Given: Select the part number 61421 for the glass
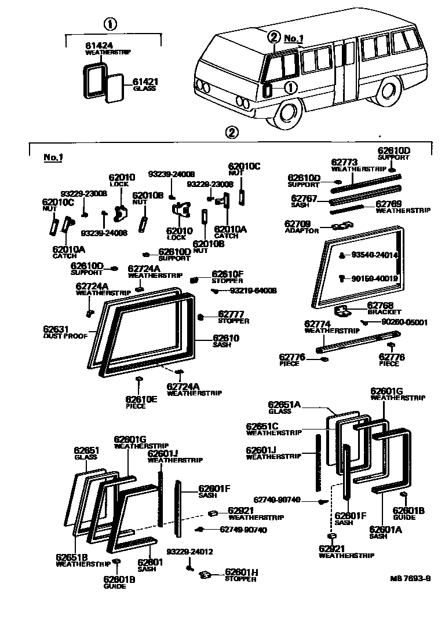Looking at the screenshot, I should tap(145, 82).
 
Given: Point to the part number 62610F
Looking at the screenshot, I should tap(228, 274).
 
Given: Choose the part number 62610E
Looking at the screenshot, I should tap(141, 399).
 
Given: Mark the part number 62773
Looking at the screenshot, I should tap(344, 162).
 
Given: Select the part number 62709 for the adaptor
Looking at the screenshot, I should tap(297, 223).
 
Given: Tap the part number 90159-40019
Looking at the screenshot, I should tap(374, 278).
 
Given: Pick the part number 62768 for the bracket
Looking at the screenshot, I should tap(381, 305).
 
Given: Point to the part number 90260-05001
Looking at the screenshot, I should tap(404, 322).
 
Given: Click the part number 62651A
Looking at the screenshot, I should tap(284, 405).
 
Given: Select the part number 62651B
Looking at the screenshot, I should tap(71, 557).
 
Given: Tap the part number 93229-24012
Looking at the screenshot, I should tap(189, 552).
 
